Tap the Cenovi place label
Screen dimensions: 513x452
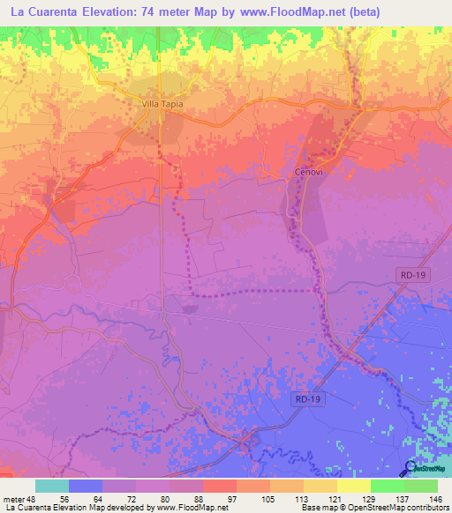pyautogui.click(x=306, y=173)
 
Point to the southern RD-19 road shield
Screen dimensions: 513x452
pyautogui.click(x=305, y=399)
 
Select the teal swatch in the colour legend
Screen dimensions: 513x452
pyautogui.click(x=52, y=486)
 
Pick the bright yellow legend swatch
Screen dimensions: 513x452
pyautogui.click(x=354, y=486)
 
